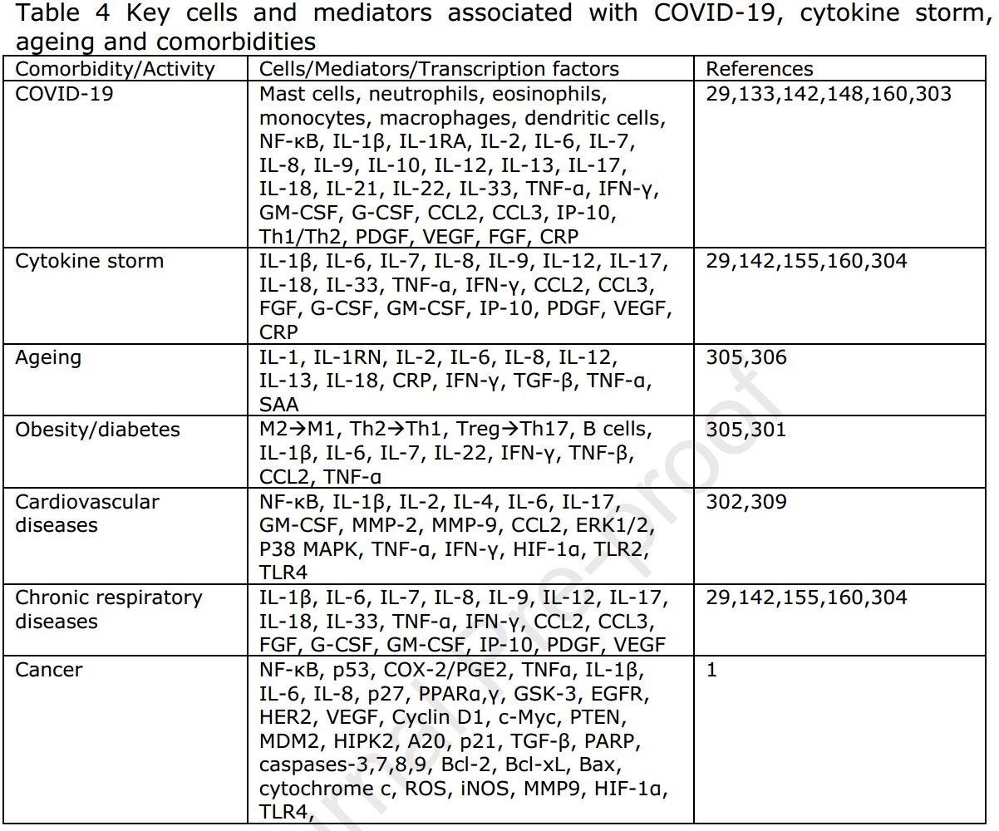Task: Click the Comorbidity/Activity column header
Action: tap(115, 70)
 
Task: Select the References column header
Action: tap(759, 70)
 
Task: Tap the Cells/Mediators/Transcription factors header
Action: tap(439, 70)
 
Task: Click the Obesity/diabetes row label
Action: tap(97, 430)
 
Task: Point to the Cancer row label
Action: tap(49, 670)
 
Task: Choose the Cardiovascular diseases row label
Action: tap(87, 514)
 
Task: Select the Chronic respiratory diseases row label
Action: tap(109, 609)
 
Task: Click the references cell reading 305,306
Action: tap(746, 358)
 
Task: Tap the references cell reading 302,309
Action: tap(746, 502)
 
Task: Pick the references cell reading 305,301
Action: tap(746, 430)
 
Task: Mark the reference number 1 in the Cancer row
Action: tap(711, 670)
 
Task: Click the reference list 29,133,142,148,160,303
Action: tap(828, 94)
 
